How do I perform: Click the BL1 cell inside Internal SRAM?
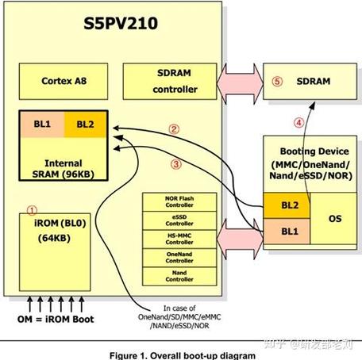tap(40, 124)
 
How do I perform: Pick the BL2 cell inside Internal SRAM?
tap(86, 124)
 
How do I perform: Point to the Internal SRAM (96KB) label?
tap(64, 169)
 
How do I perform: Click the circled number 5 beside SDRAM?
tap(276, 81)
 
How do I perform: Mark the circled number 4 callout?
tap(298, 123)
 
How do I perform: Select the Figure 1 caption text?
tap(181, 354)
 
